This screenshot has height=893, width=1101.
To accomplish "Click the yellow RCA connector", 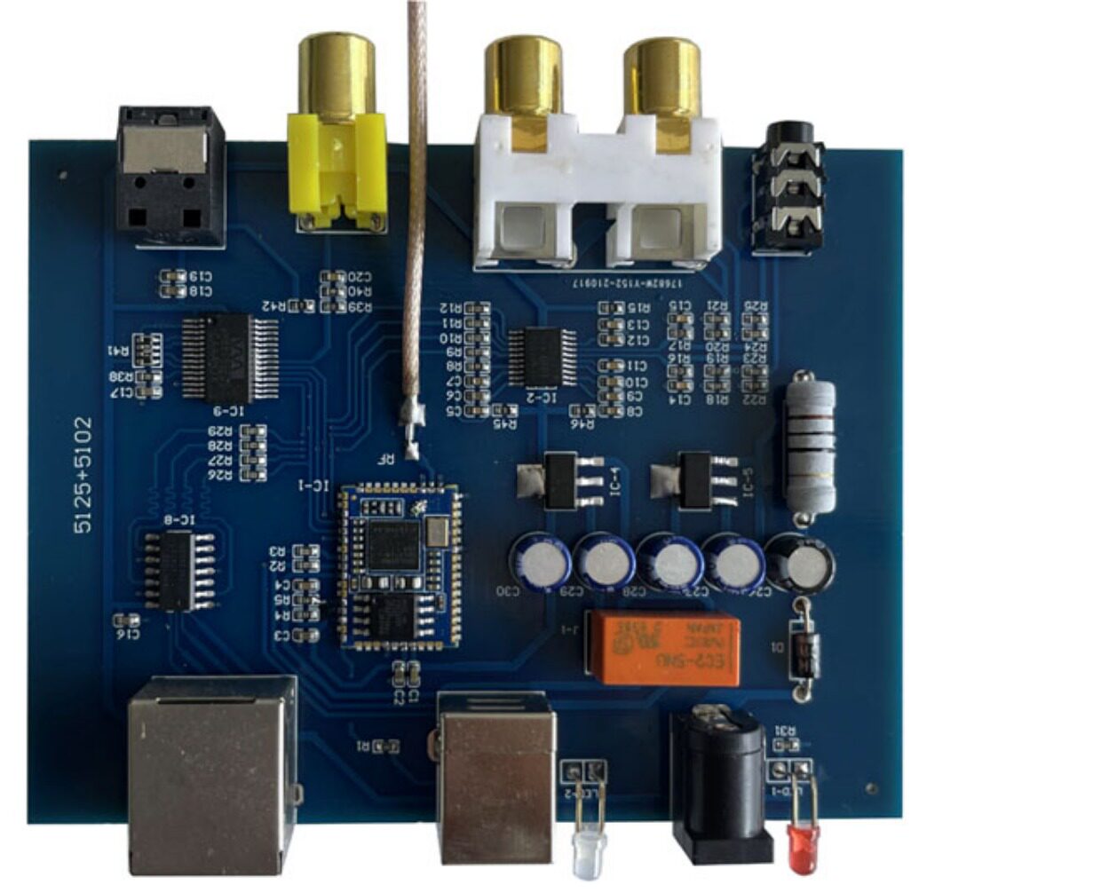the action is (337, 169).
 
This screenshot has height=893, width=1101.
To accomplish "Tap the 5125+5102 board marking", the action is (83, 475).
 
